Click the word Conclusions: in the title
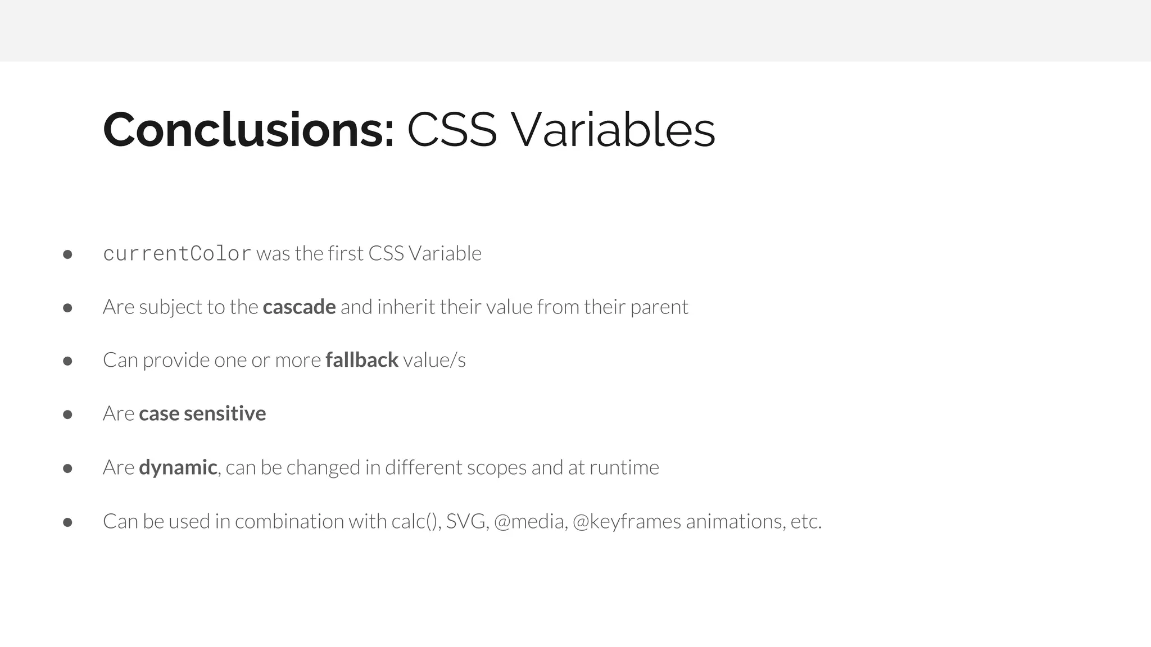point(248,130)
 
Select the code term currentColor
point(177,254)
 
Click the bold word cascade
point(299,307)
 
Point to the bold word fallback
point(361,360)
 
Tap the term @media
point(531,522)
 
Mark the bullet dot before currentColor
point(67,254)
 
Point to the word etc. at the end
point(806,522)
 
